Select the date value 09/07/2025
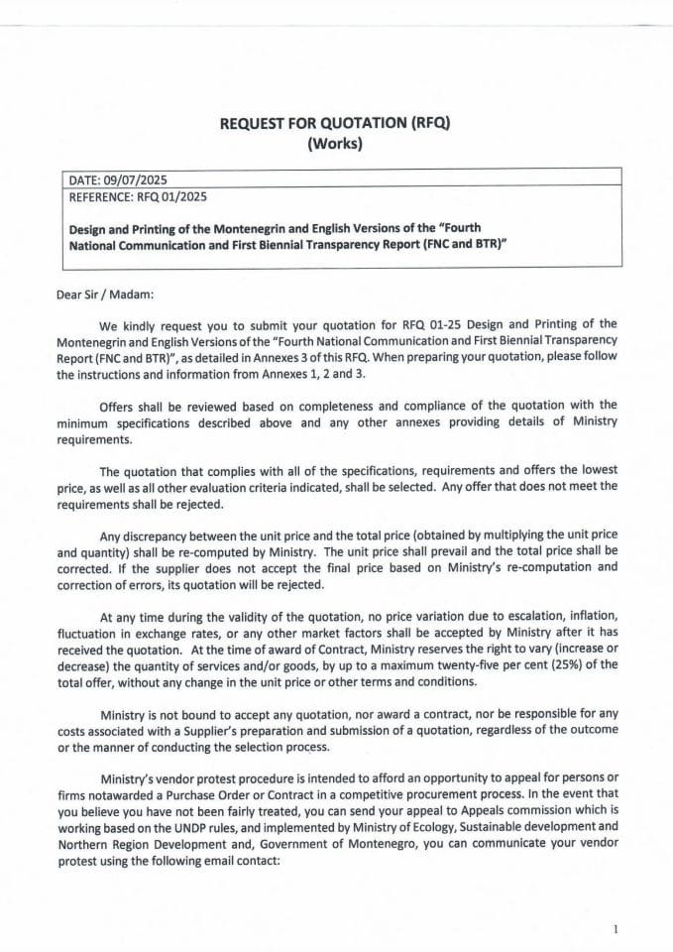tap(136, 179)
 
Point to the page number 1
tap(616, 928)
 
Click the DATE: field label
tap(86, 179)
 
